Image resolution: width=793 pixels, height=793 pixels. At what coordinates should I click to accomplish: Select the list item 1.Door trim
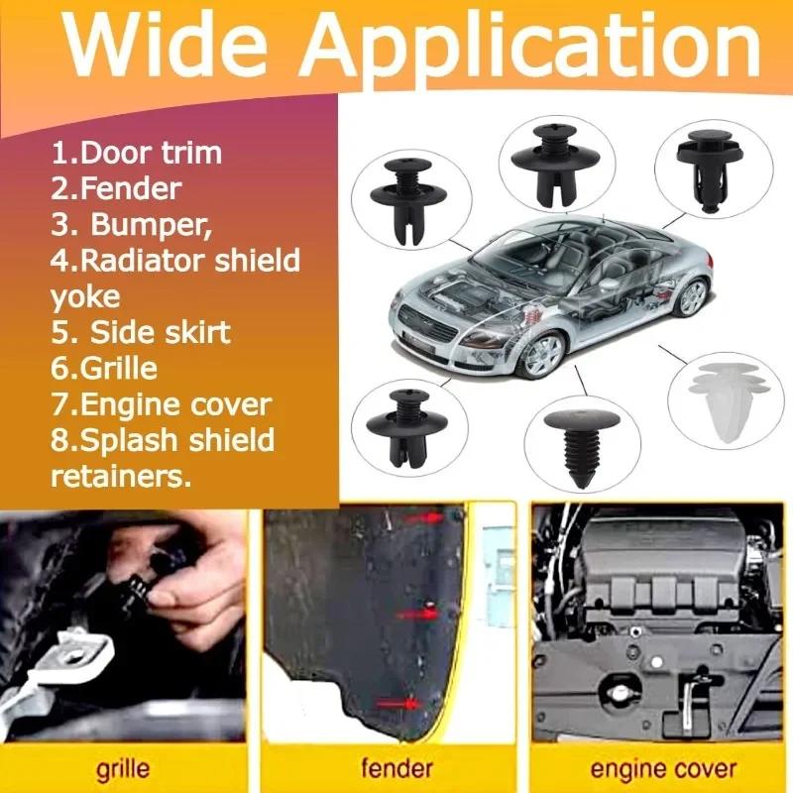pos(137,154)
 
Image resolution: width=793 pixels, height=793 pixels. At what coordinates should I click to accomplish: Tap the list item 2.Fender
pos(117,188)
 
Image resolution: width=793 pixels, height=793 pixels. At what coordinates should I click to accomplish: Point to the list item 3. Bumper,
pos(132,224)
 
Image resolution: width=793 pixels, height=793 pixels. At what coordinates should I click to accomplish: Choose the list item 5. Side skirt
pos(140,331)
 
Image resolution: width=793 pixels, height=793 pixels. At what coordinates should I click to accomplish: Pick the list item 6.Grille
pos(104,368)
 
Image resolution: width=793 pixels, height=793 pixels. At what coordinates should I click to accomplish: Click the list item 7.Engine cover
pos(161,404)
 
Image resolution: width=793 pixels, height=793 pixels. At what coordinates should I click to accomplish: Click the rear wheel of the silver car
pos(693,294)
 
